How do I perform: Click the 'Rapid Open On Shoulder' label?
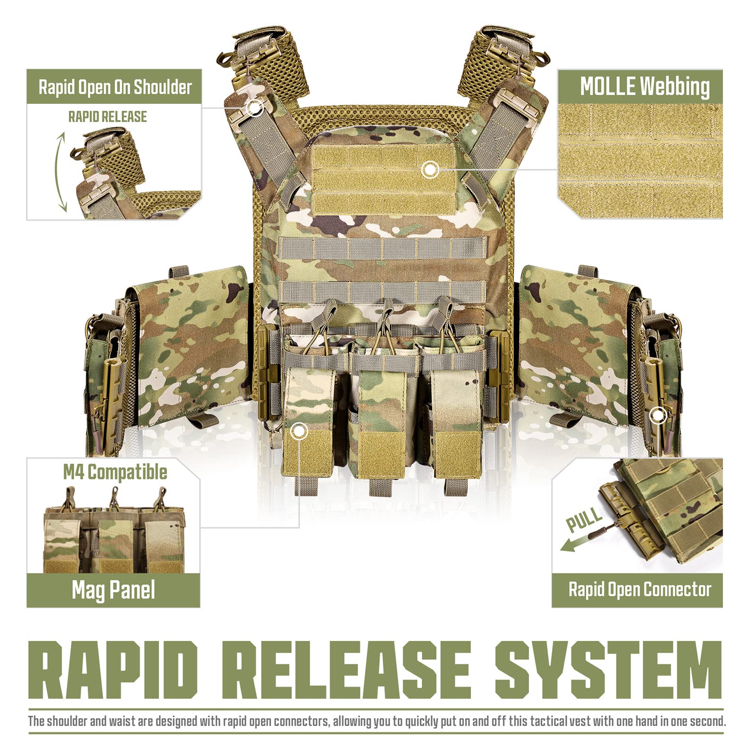point(115,87)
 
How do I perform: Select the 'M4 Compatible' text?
point(115,472)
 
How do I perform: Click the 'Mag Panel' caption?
point(113,590)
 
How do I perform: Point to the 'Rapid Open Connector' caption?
point(639,589)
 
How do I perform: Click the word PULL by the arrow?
point(584,519)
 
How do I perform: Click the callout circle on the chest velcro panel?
point(430,168)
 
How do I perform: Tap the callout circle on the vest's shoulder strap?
point(255,108)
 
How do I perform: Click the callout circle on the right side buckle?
point(658,416)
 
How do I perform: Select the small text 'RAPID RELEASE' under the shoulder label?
point(108,117)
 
